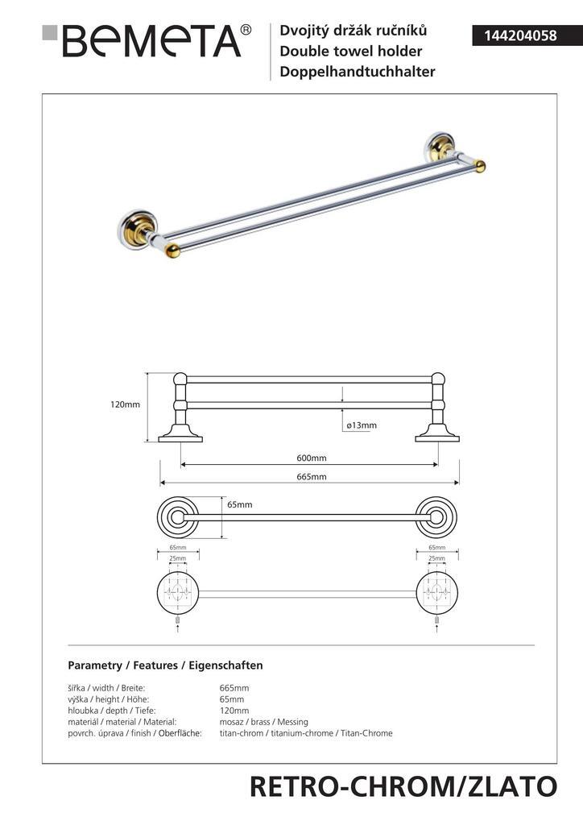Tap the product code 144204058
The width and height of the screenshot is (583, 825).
coord(513,35)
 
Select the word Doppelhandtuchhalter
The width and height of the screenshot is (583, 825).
coord(357,72)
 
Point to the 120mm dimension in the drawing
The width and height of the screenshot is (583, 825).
coord(125,404)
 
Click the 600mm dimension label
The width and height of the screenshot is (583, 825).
coord(311,458)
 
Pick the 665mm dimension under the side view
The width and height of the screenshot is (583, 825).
coord(311,477)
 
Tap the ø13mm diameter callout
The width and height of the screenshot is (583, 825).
coord(361,425)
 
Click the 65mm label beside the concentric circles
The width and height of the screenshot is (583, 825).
coord(239,504)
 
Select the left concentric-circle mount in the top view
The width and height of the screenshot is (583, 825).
coord(176,517)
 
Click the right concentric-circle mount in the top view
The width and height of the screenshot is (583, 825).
coord(436,517)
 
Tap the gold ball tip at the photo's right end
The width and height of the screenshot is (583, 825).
coord(480,166)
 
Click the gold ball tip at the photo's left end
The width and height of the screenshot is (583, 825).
coord(171,251)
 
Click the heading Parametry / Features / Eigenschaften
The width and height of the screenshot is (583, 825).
coord(165,665)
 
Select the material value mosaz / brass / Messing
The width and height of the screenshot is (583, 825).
coord(263,722)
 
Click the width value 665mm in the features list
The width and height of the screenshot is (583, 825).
coord(234,688)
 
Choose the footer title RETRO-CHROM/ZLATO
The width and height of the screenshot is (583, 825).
coord(403,786)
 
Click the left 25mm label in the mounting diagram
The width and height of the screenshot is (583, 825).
coord(177,558)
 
